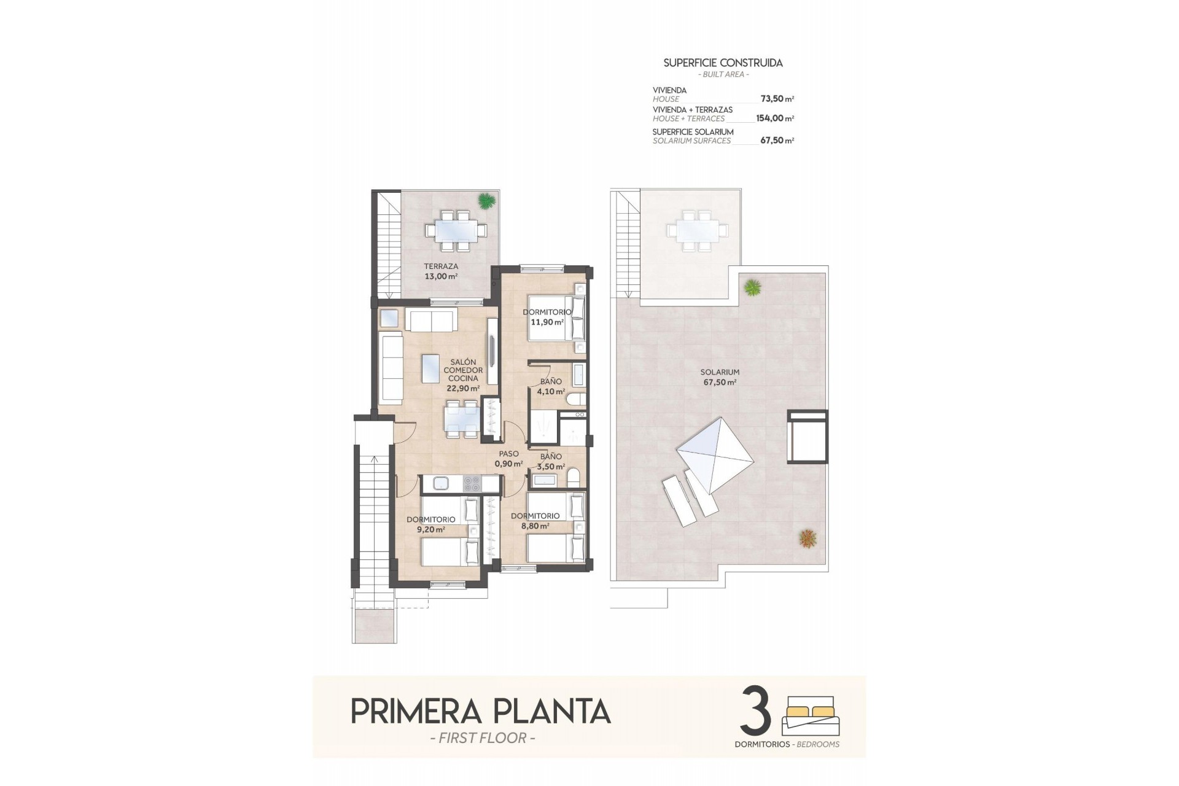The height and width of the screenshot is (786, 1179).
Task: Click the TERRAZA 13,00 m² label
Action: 441,271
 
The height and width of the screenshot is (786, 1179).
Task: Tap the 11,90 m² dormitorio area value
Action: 547,322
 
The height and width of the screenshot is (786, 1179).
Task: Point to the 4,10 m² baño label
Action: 550,391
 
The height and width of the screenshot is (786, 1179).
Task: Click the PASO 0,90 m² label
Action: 508,459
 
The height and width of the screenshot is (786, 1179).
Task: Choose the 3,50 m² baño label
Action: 550,466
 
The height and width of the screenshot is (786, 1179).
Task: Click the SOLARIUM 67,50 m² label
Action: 720,377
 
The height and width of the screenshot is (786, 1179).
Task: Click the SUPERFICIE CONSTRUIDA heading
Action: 723,63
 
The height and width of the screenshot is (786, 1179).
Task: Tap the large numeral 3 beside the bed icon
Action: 756,711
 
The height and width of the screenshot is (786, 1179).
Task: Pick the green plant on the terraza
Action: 486,201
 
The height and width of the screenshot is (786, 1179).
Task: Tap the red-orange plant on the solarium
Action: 808,539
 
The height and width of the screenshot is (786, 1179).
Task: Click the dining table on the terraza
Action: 455,231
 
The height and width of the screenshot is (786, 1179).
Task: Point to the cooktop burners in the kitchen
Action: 472,483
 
